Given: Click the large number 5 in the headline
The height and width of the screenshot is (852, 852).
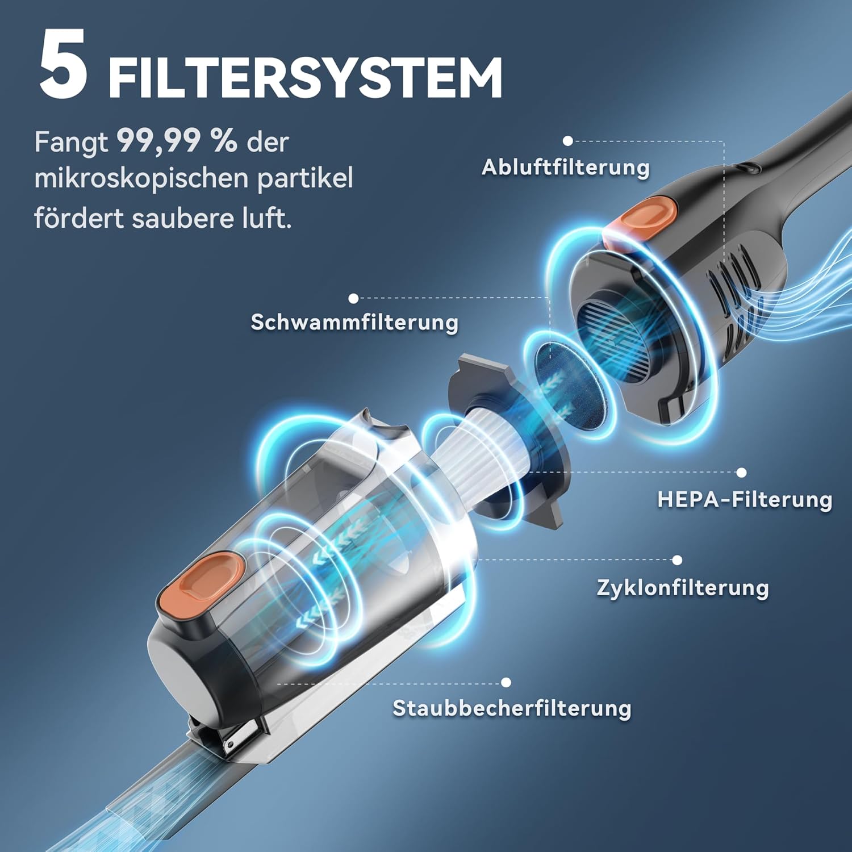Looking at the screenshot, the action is pyautogui.click(x=64, y=64).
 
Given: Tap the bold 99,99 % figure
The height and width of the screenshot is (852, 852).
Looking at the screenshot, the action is pyautogui.click(x=177, y=141).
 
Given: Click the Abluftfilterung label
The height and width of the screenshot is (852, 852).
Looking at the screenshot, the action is pyautogui.click(x=566, y=168).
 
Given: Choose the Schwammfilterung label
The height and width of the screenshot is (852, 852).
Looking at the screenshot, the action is pyautogui.click(x=354, y=322).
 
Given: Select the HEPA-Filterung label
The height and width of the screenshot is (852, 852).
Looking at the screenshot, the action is pyautogui.click(x=745, y=500).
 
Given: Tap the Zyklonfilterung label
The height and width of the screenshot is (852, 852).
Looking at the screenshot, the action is pyautogui.click(x=683, y=587).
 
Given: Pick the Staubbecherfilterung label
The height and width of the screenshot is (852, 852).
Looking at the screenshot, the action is pyautogui.click(x=512, y=708).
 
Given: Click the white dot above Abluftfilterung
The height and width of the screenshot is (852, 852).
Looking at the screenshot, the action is pyautogui.click(x=567, y=141).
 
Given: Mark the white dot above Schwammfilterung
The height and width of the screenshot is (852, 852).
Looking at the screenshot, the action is pyautogui.click(x=353, y=298).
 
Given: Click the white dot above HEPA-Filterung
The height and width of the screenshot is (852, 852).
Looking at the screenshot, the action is pyautogui.click(x=741, y=473).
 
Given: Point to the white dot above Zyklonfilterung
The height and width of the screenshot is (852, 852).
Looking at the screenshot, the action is pyautogui.click(x=677, y=560).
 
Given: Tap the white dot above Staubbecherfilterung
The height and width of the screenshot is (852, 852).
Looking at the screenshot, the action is pyautogui.click(x=506, y=683).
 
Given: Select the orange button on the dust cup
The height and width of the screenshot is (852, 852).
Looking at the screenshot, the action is pyautogui.click(x=202, y=585).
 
